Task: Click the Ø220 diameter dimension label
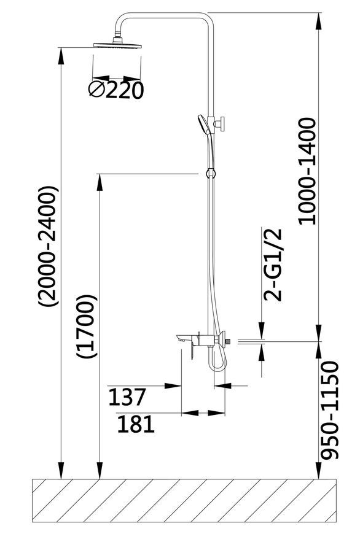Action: tap(116, 90)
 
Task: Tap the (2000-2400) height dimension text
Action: tap(48, 246)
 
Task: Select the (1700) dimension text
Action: tap(87, 327)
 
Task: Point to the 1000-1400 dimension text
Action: tap(307, 171)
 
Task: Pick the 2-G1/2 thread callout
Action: tap(273, 265)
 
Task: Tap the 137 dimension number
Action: tap(127, 397)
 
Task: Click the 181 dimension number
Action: tap(136, 424)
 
